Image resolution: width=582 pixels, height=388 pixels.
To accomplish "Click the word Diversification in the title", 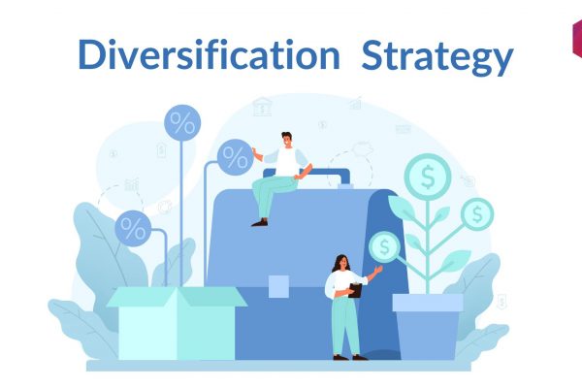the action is click(x=209, y=54).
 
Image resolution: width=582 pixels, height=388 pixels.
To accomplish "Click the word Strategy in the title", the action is click(x=437, y=57).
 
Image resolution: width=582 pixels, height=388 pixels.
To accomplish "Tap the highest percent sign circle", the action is click(x=182, y=123).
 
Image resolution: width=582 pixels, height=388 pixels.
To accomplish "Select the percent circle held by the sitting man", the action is click(x=236, y=157).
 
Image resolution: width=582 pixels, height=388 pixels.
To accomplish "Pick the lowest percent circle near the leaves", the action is click(x=133, y=228).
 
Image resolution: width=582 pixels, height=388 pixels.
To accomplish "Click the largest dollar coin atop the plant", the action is click(x=428, y=177).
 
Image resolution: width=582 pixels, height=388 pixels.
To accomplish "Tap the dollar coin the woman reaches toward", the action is click(x=384, y=247).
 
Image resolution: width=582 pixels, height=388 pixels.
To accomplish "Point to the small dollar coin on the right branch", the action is click(x=477, y=214).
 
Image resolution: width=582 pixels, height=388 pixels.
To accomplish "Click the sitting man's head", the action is click(x=286, y=140).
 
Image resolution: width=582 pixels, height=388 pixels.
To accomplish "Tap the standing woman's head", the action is click(x=342, y=263).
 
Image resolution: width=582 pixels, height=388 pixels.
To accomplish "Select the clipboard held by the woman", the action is click(x=355, y=290).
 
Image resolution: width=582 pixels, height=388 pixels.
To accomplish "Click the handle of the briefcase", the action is click(x=307, y=176).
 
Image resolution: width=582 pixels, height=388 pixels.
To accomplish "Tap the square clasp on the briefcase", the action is click(x=278, y=286).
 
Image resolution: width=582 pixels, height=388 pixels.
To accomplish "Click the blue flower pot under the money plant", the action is click(x=428, y=327).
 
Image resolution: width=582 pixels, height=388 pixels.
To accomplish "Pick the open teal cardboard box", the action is click(x=177, y=323).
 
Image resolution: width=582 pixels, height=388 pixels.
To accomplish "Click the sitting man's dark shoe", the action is click(x=260, y=222).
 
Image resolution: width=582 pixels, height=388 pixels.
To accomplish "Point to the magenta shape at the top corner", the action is click(x=577, y=38).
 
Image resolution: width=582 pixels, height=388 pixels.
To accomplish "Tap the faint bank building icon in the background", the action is click(x=262, y=107).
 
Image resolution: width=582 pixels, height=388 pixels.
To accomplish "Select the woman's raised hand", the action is click(x=378, y=270).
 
